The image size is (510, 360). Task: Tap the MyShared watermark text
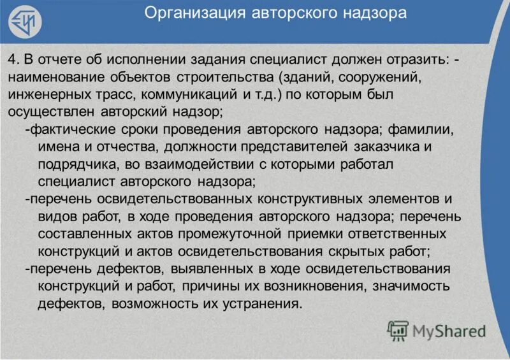(448, 331)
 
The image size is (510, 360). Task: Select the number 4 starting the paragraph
(12, 59)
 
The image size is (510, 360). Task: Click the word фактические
(66, 129)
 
